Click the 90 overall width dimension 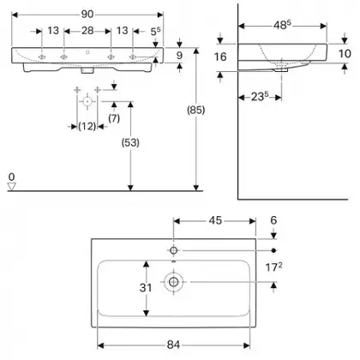tap(87, 15)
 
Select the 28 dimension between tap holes tap(87, 31)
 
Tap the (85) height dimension tap(196, 110)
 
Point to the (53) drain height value tap(130, 142)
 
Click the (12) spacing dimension tap(87, 126)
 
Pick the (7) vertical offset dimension tap(114, 118)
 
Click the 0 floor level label tap(11, 177)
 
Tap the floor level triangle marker tap(11, 187)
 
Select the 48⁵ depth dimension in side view tap(282, 26)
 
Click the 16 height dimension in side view tap(220, 57)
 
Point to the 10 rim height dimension tap(345, 53)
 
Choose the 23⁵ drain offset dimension tap(260, 97)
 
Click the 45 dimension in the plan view tap(215, 220)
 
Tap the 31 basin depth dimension tap(146, 287)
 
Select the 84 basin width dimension tap(173, 345)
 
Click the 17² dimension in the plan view tap(273, 267)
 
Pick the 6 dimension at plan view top tap(273, 220)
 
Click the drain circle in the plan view tap(174, 282)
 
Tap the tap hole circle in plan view tap(173, 250)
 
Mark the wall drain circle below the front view tap(87, 101)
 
